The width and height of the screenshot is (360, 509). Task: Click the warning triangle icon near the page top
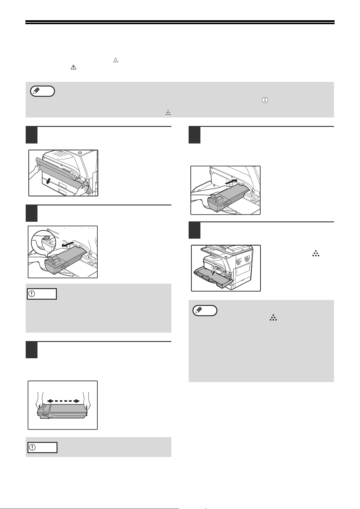73,68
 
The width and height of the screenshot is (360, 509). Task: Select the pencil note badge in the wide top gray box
43,91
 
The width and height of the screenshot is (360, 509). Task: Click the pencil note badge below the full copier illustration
205,311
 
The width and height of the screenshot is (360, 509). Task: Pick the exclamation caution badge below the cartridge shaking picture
42,447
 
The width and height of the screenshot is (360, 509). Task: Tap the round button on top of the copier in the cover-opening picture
79,153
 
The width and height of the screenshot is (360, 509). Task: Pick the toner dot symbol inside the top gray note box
168,113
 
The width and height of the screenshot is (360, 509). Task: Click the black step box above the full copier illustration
194,230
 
